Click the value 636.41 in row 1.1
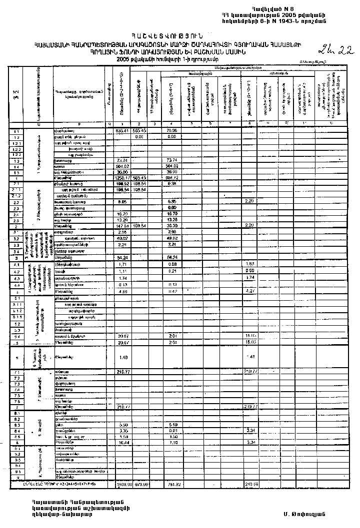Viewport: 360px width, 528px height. coord(119,131)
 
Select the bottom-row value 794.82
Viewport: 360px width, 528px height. coord(172,485)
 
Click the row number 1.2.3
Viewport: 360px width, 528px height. coord(16,155)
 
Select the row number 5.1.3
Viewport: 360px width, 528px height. coord(16,316)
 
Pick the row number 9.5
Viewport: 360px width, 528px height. coord(16,471)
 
